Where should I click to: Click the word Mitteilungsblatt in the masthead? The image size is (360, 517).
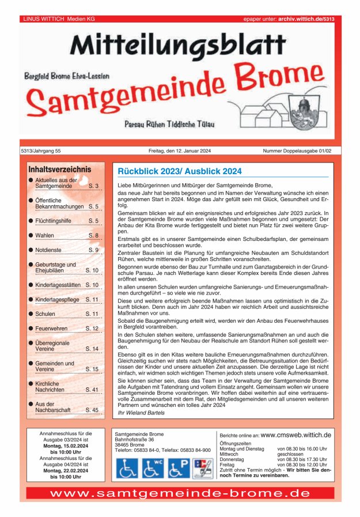pos(178,45)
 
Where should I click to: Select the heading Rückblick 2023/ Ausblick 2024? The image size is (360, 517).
pos(180,171)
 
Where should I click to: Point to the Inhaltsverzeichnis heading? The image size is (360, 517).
pos(59,169)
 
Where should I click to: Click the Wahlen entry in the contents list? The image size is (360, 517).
pos(45,236)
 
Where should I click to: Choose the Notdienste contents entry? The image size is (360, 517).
pos(50,250)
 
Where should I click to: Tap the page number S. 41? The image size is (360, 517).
pos(92,390)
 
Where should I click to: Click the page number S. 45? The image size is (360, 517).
pos(92,410)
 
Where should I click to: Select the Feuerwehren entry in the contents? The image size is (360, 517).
pos(53,328)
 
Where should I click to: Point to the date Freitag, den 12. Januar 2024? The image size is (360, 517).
pos(180,151)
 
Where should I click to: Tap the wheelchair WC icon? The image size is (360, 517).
pos(153,467)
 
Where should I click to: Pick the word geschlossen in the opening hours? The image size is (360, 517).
pos(290,454)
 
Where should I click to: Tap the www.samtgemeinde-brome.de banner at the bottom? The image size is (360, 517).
pos(180,493)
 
